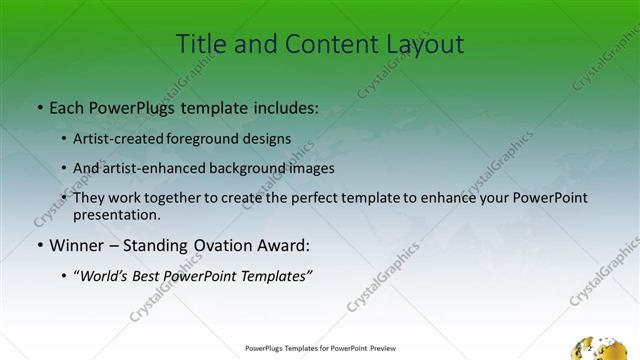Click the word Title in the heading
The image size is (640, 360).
(200, 45)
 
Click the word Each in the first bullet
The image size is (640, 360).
(67, 106)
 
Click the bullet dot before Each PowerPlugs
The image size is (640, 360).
(39, 107)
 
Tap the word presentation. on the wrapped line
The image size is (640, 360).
(116, 214)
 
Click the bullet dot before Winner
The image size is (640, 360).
(39, 246)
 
